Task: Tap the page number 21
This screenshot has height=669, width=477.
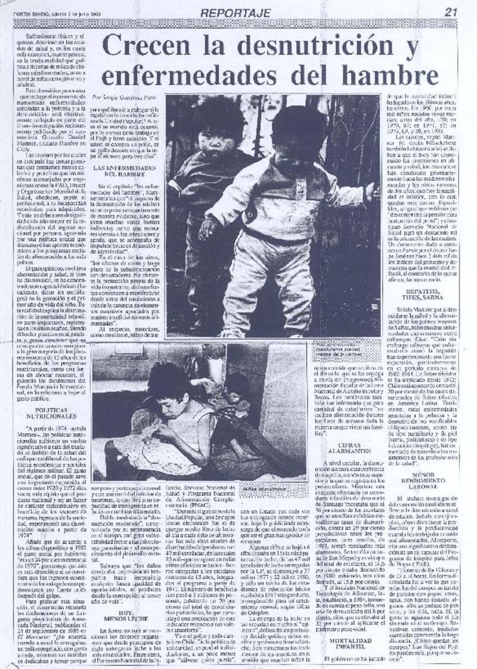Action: coord(451,11)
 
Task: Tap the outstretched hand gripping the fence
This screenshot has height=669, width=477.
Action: coord(371,191)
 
